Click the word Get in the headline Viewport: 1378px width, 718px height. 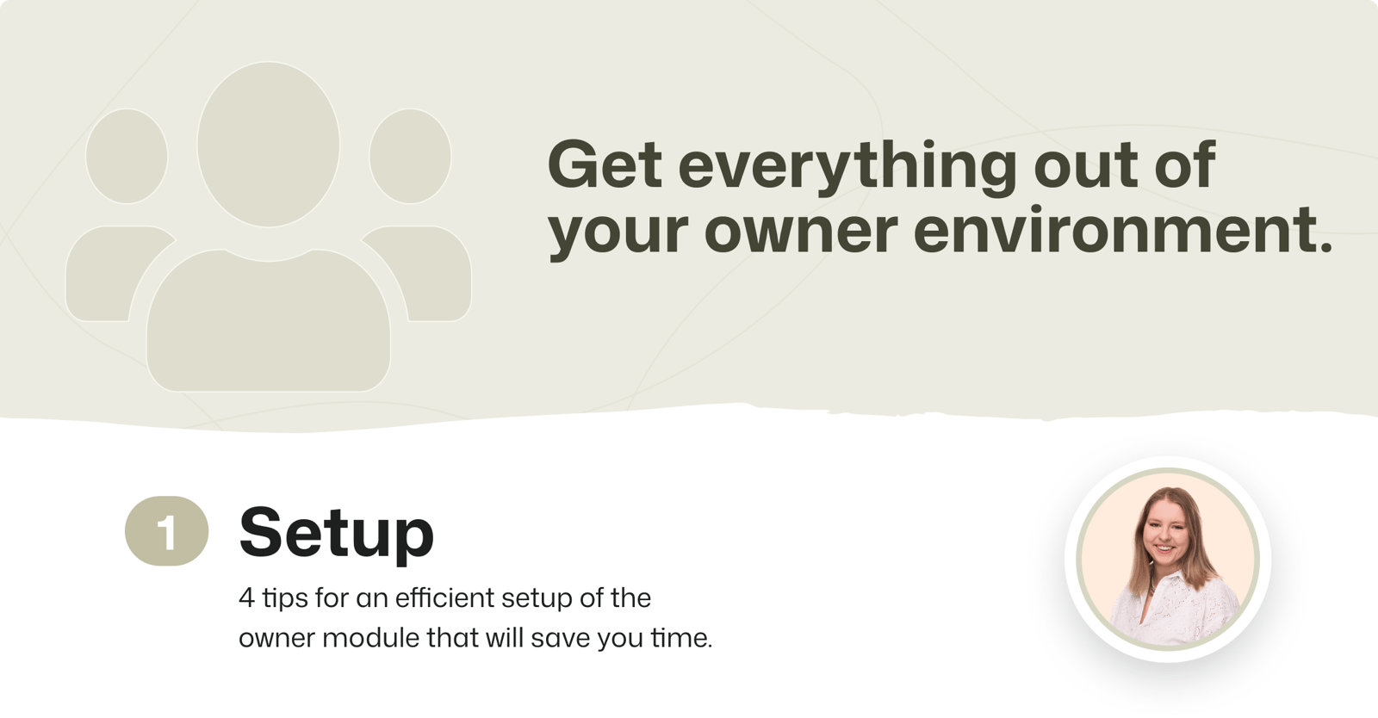605,164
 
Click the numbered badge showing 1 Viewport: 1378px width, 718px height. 167,530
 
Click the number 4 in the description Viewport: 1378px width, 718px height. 246,597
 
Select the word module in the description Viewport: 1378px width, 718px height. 370,637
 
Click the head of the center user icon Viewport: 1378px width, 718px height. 268,145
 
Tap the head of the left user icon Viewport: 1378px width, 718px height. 127,156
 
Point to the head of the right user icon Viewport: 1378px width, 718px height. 410,156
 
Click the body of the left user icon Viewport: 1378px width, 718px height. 111,274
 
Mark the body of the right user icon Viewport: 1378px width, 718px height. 425,274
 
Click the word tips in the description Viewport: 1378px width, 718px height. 285,598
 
